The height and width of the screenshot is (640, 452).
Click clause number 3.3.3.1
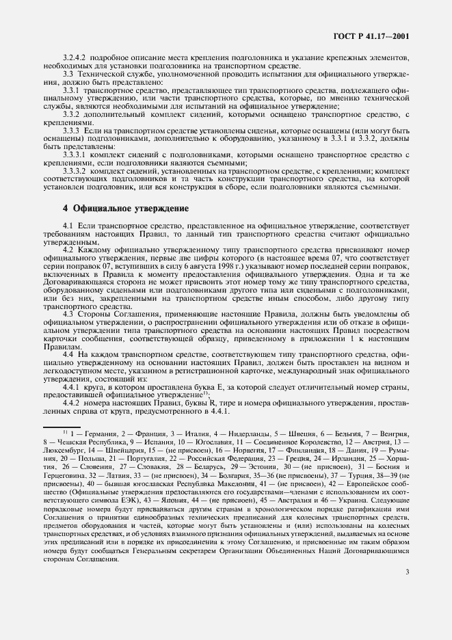pos(76,155)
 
